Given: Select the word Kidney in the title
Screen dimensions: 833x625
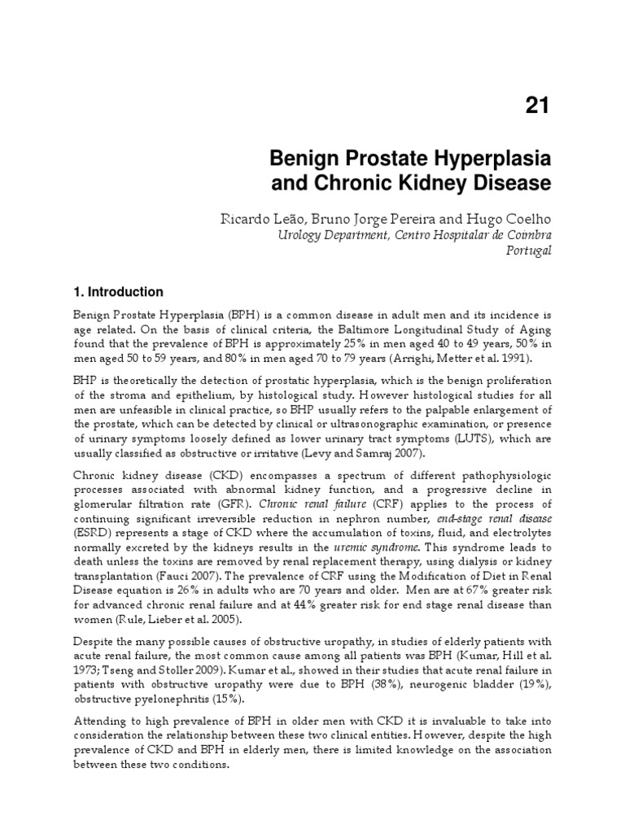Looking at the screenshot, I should click(x=451, y=184).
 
